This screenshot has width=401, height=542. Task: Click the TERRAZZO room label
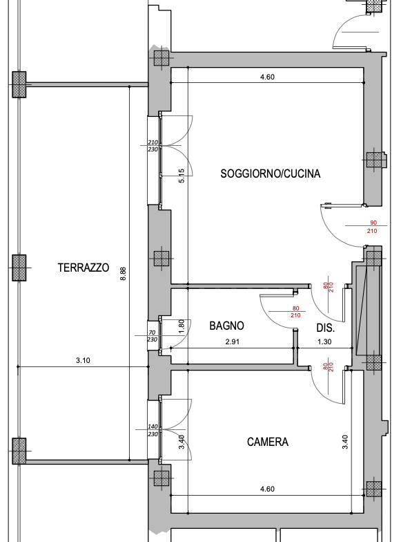tap(84, 268)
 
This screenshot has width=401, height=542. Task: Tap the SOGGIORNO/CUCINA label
tap(271, 173)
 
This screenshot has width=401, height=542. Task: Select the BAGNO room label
tap(226, 326)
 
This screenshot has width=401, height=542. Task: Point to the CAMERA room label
tap(268, 442)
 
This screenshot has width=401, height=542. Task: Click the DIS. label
tap(326, 328)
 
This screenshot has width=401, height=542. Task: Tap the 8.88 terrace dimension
tap(123, 274)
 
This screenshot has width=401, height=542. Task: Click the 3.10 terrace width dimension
tap(83, 360)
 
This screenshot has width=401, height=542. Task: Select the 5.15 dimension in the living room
tap(182, 176)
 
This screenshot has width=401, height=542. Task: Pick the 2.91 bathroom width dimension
tap(232, 342)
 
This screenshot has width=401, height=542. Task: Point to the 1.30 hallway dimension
tap(324, 342)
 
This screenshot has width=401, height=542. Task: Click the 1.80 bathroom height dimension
tap(182, 326)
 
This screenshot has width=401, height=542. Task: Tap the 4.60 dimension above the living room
tap(267, 77)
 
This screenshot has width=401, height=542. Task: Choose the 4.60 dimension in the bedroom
tap(267, 489)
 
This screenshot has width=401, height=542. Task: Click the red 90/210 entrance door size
tap(373, 227)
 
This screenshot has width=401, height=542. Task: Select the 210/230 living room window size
tap(153, 146)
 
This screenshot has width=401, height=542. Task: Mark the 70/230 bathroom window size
tap(152, 336)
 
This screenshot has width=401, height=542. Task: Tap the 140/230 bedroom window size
tap(153, 430)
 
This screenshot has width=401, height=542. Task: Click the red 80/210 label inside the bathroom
tap(295, 312)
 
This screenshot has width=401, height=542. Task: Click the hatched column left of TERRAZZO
tap(19, 268)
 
